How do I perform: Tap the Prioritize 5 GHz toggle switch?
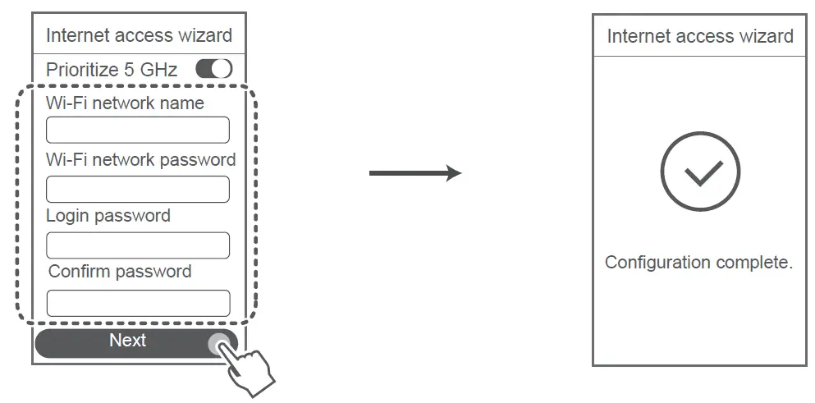[x=214, y=70]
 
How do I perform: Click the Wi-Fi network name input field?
[x=137, y=130]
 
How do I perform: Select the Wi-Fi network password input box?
[x=137, y=189]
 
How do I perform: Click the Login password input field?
[x=137, y=245]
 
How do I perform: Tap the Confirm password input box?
[x=138, y=303]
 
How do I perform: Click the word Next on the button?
[x=127, y=341]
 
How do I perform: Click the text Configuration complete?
[x=699, y=263]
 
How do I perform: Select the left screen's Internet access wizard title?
[x=139, y=35]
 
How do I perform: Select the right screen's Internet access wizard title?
[x=700, y=36]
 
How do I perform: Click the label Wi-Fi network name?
[x=125, y=103]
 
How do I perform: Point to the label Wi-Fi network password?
[x=140, y=159]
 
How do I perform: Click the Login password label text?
[x=108, y=216]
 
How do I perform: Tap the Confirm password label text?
[x=120, y=272]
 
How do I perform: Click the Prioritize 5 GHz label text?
[x=112, y=70]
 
